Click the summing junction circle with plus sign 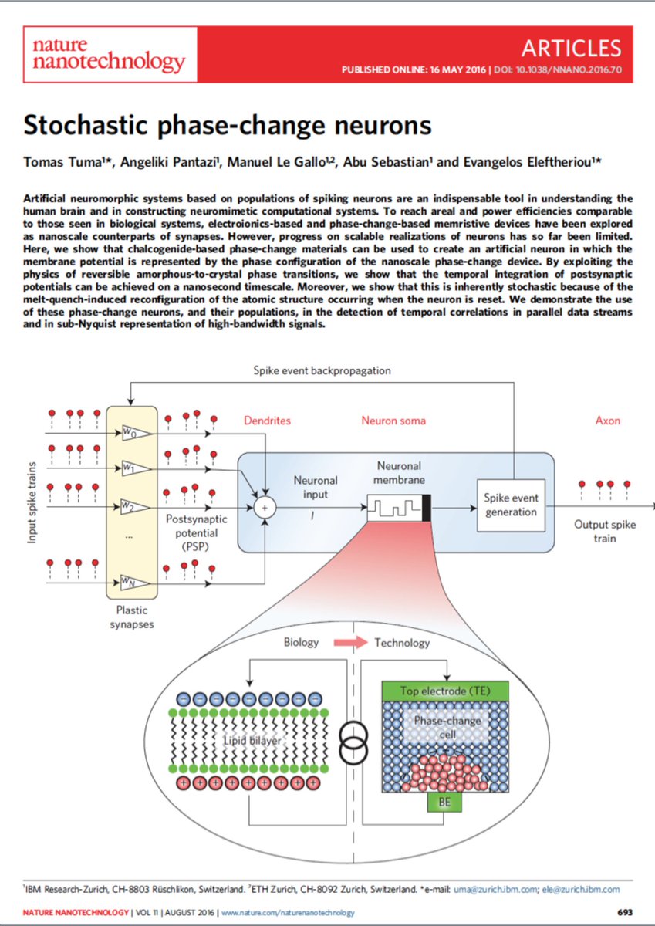[265, 507]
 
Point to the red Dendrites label [268, 421]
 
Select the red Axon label [607, 421]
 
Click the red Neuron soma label [393, 421]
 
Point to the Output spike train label [605, 531]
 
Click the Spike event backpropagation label [322, 370]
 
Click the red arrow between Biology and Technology [350, 642]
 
